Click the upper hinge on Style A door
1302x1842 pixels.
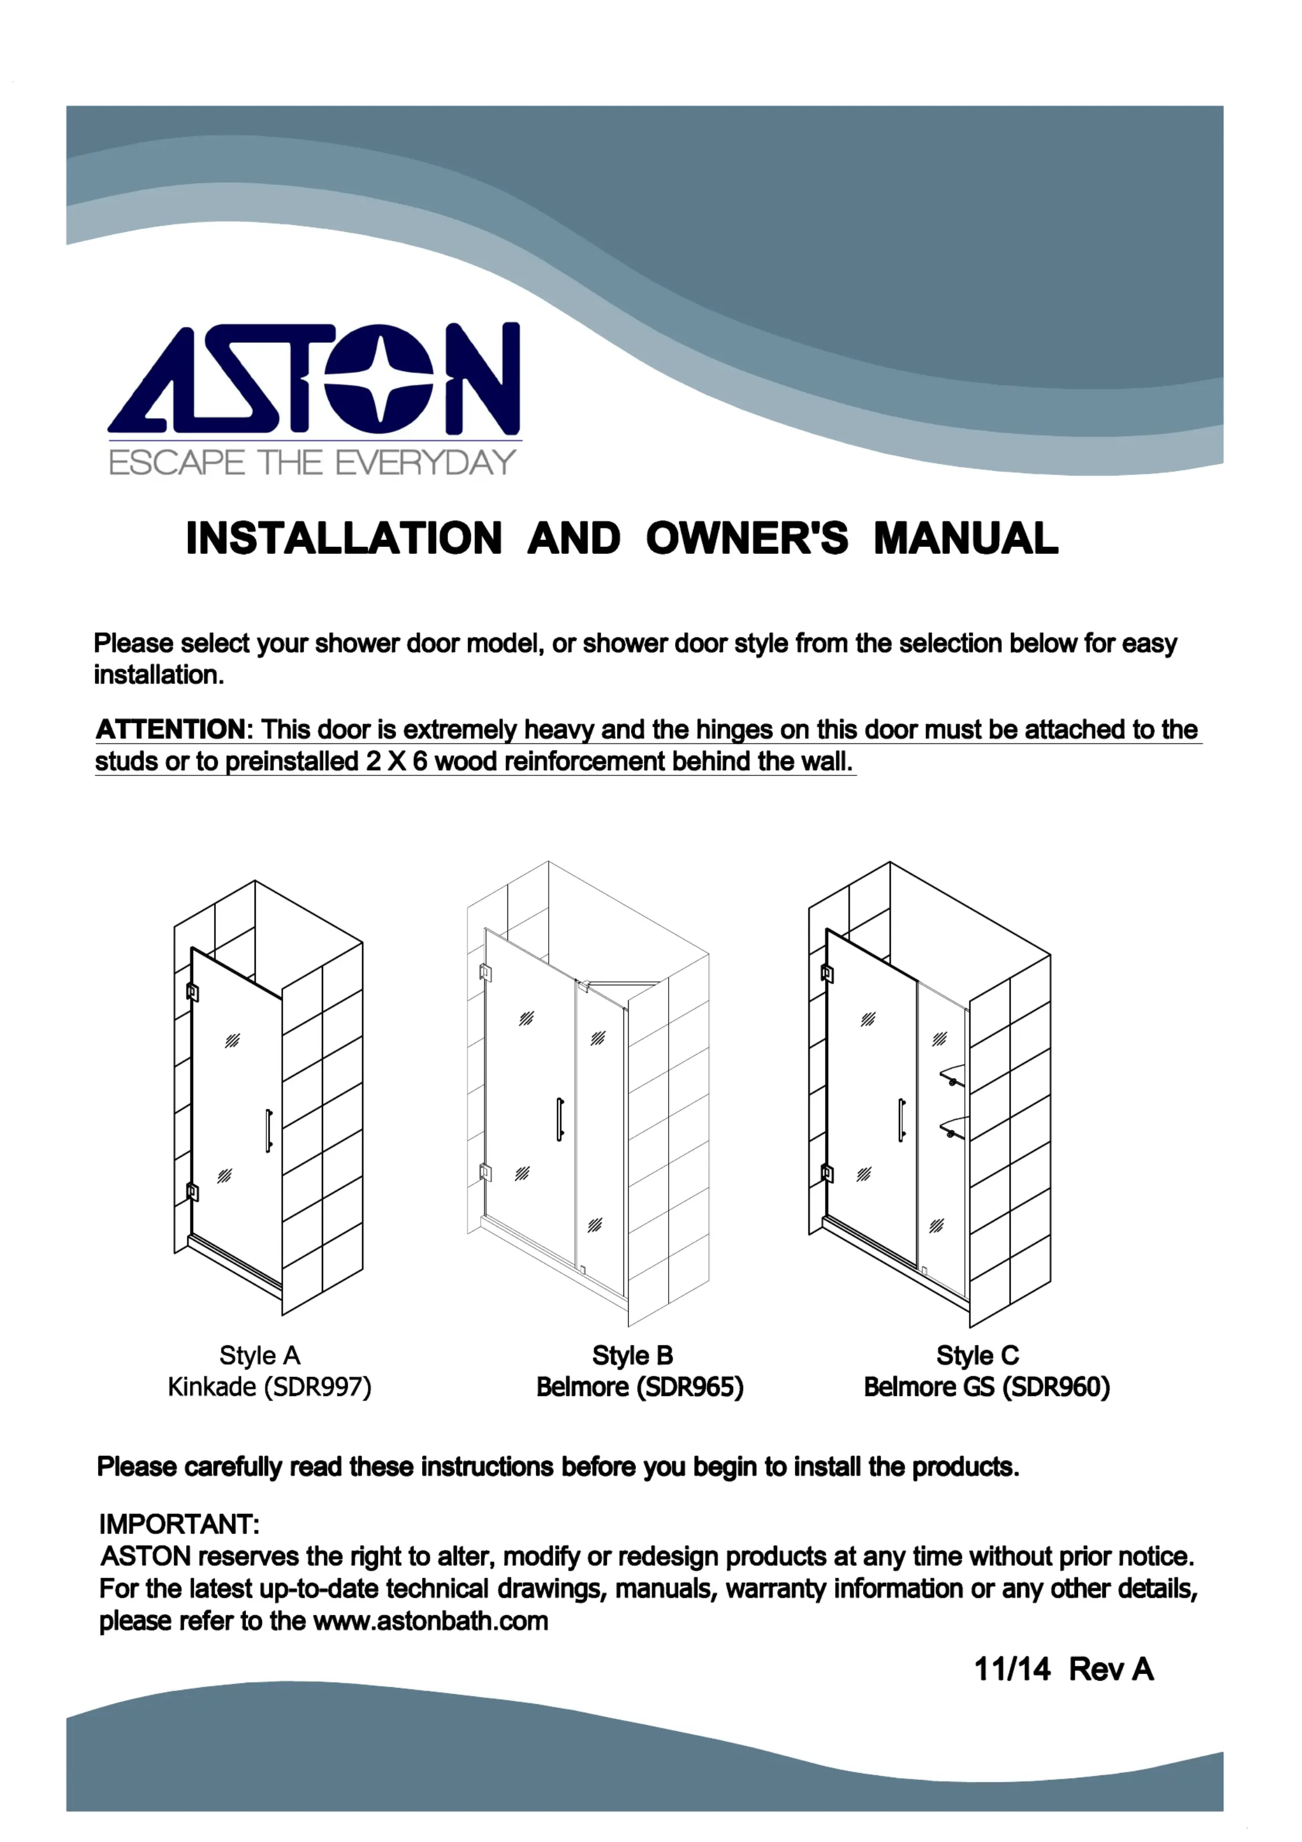pyautogui.click(x=193, y=992)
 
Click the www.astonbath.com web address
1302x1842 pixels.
pyautogui.click(x=431, y=1622)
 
